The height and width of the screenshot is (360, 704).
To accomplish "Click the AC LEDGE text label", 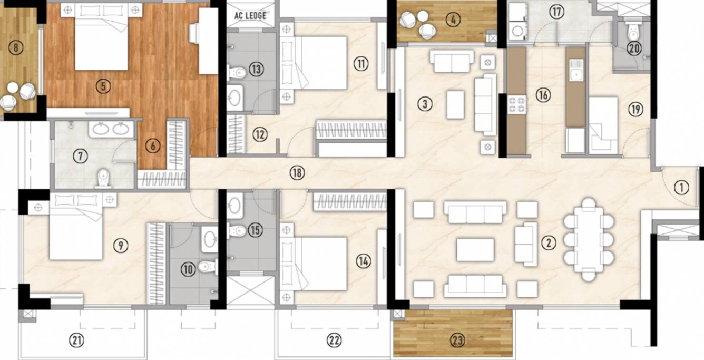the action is point(250,16).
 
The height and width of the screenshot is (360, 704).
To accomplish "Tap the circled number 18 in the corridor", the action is point(297,173).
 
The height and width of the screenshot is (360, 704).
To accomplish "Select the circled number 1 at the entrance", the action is point(681,188).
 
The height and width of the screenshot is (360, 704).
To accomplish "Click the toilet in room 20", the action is point(633,30).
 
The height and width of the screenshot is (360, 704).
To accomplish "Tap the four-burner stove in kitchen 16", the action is point(517,105).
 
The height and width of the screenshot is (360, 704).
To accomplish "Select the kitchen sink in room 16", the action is point(576,71).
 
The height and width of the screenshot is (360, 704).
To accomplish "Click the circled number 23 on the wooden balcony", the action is point(457,340).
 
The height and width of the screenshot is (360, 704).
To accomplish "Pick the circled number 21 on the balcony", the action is point(77,340).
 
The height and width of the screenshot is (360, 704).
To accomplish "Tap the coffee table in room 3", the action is point(455,105).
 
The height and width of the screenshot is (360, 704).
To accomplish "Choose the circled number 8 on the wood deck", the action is point(16,48).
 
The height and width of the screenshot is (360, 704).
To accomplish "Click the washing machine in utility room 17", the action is point(517,31).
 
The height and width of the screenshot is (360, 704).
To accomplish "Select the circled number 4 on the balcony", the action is point(453,20).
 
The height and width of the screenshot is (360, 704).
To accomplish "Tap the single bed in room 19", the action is point(603,125).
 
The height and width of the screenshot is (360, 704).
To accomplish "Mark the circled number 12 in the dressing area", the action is point(260,134).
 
